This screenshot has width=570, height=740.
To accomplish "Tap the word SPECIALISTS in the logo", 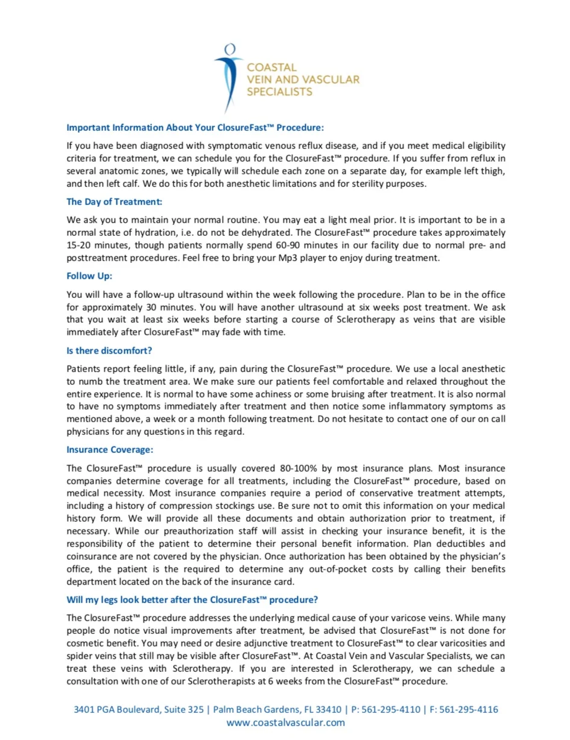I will [x=280, y=92].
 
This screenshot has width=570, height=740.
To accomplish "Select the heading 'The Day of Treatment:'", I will [x=115, y=201].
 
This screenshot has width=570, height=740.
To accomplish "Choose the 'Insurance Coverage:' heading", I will [x=110, y=449].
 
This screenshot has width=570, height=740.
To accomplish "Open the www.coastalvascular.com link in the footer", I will [x=285, y=723].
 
